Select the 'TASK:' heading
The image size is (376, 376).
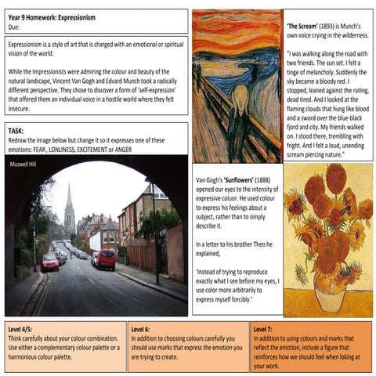point(17,130)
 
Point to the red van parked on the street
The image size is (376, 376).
point(106,258)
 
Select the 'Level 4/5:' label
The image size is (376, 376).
point(23,328)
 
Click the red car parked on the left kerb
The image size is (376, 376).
point(50,262)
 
